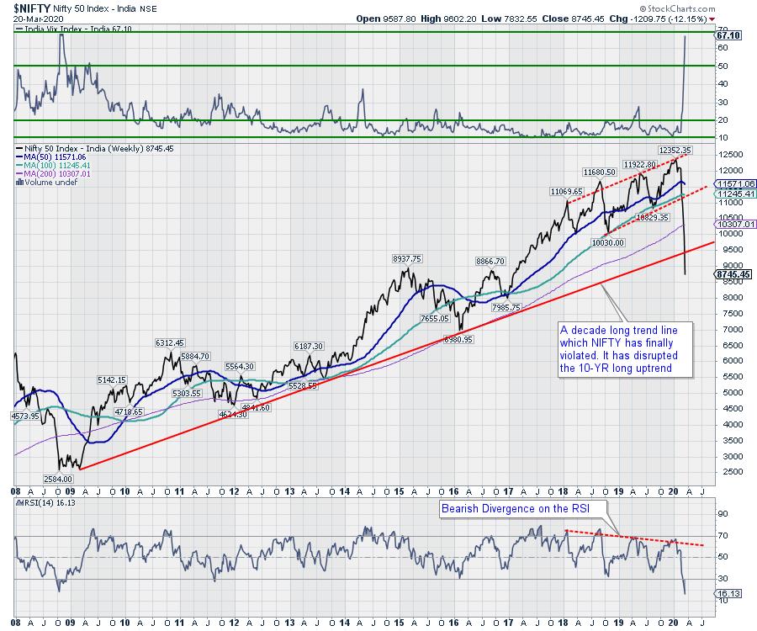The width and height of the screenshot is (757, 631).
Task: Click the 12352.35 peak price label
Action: point(675,150)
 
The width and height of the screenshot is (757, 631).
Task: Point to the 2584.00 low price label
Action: point(59,477)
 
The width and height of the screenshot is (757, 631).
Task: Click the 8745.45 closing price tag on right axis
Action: point(733,273)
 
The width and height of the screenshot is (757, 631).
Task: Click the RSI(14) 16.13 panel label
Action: point(42,501)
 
